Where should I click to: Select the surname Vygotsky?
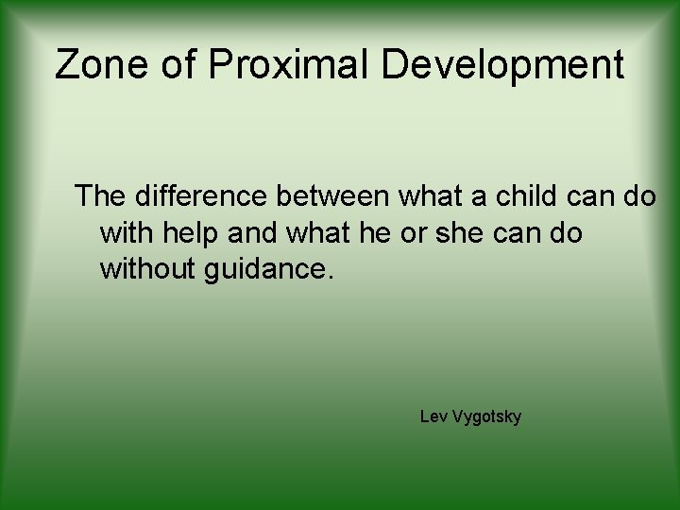pyautogui.click(x=486, y=417)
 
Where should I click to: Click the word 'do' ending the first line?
pyautogui.click(x=638, y=196)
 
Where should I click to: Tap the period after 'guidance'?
pyautogui.click(x=331, y=277)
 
